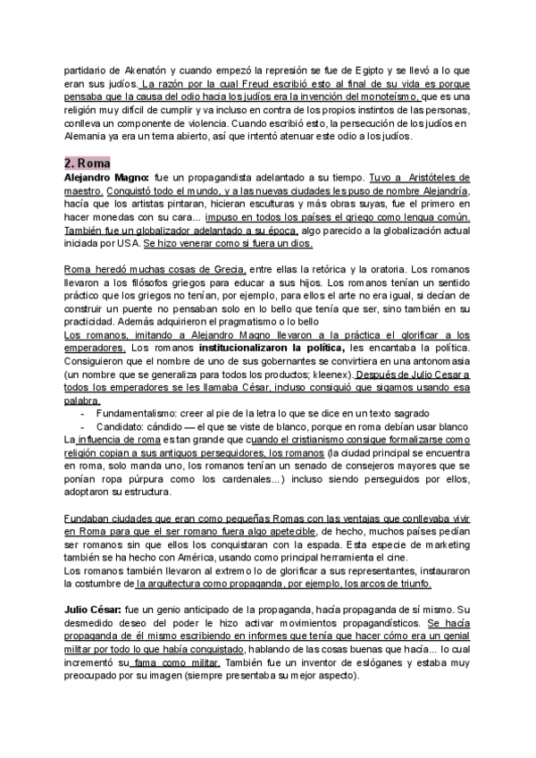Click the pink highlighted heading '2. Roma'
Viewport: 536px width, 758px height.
88,164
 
